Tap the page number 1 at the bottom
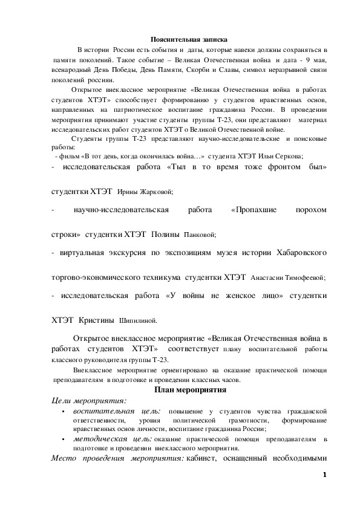pyautogui.click(x=324, y=475)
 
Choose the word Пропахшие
pyautogui.click(x=254, y=210)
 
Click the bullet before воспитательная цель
pyautogui.click(x=64, y=412)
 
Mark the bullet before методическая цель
pyautogui.click(x=64, y=439)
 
